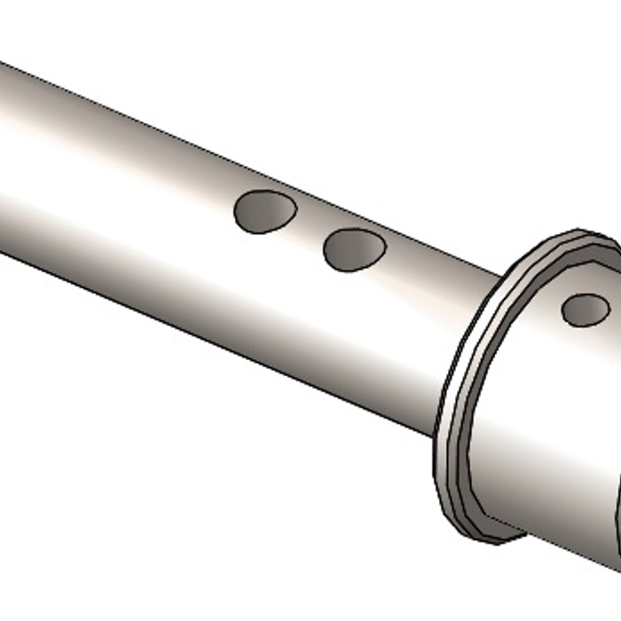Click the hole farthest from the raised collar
pos(264,212)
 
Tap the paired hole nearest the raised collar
pos(354,249)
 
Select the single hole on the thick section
pos(586,309)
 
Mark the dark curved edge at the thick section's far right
pos(614,515)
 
